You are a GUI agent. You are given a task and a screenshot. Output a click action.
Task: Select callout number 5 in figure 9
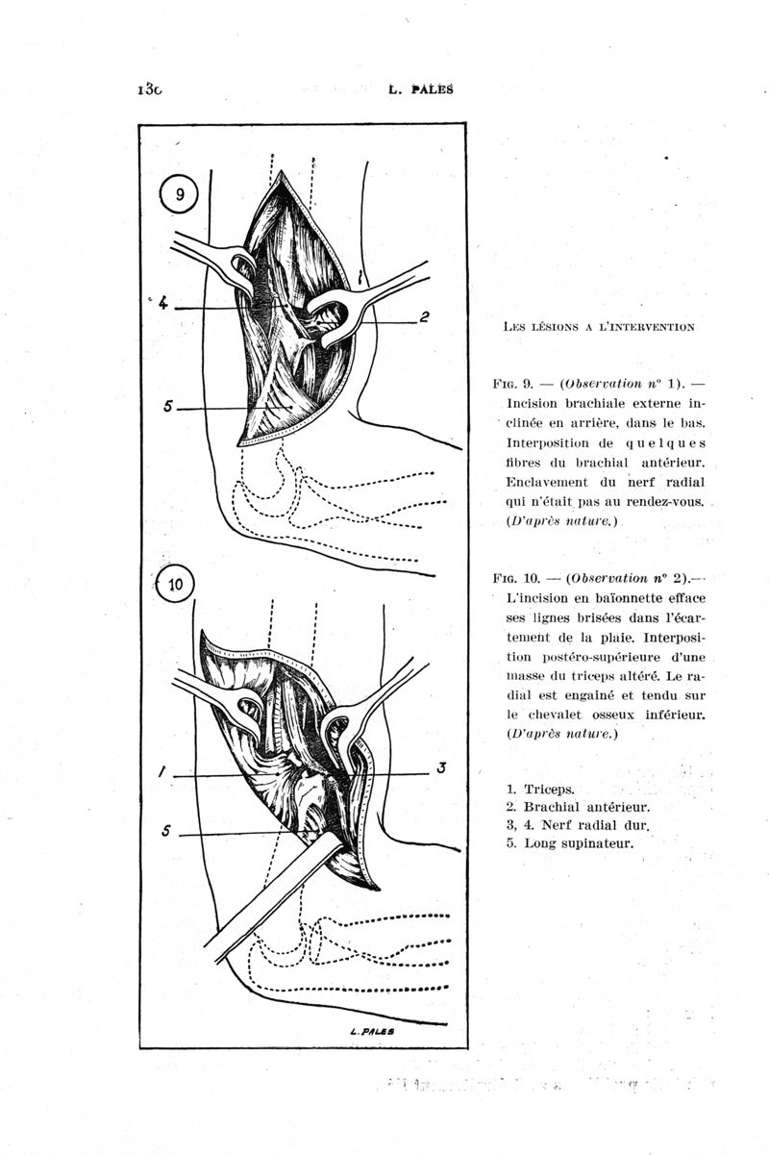[168, 407]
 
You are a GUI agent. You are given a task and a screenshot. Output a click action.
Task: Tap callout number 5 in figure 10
[167, 832]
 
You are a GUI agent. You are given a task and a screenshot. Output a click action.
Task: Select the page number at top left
[150, 89]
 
